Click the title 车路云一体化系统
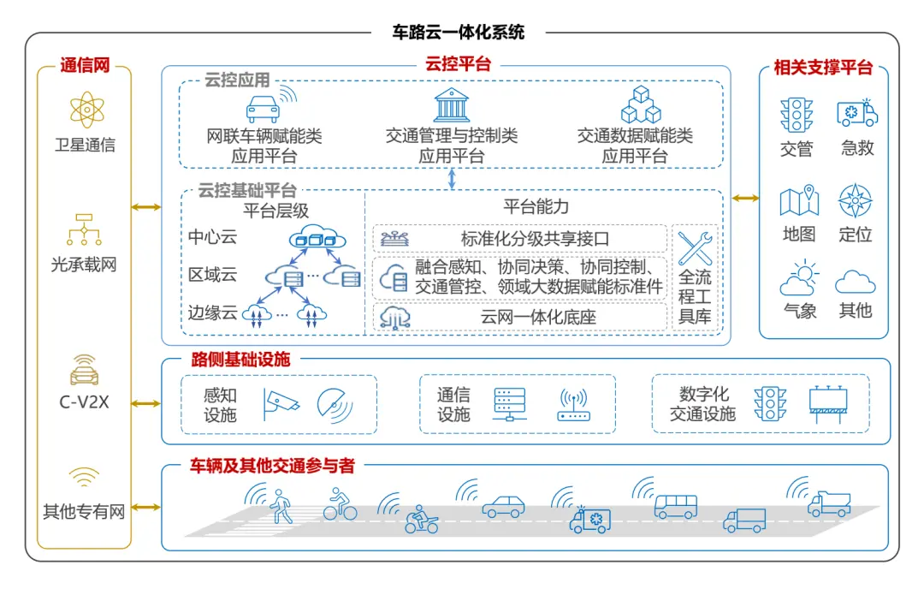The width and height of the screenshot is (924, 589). point(459,32)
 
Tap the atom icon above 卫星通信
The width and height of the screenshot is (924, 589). point(86,110)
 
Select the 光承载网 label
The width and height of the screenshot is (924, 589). point(84,265)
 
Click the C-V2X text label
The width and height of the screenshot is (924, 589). point(84,402)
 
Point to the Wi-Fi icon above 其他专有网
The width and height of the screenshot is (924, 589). point(84,476)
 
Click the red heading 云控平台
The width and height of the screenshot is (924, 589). point(459,63)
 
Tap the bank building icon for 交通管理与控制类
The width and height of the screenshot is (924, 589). point(452,105)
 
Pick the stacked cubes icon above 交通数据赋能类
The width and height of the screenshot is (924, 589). point(641,105)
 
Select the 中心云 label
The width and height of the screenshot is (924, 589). point(212,237)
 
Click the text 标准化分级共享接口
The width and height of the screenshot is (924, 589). point(535,239)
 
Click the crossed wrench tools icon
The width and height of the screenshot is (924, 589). point(696,248)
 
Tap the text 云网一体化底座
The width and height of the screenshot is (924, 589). point(538,318)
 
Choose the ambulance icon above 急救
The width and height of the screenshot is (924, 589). point(857,113)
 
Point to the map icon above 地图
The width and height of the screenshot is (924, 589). point(799,200)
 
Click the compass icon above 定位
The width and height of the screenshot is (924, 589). point(855,200)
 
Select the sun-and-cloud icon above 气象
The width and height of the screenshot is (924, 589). point(800,277)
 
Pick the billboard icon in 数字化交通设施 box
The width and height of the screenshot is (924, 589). point(828,405)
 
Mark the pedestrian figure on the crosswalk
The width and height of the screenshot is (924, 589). point(281,506)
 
